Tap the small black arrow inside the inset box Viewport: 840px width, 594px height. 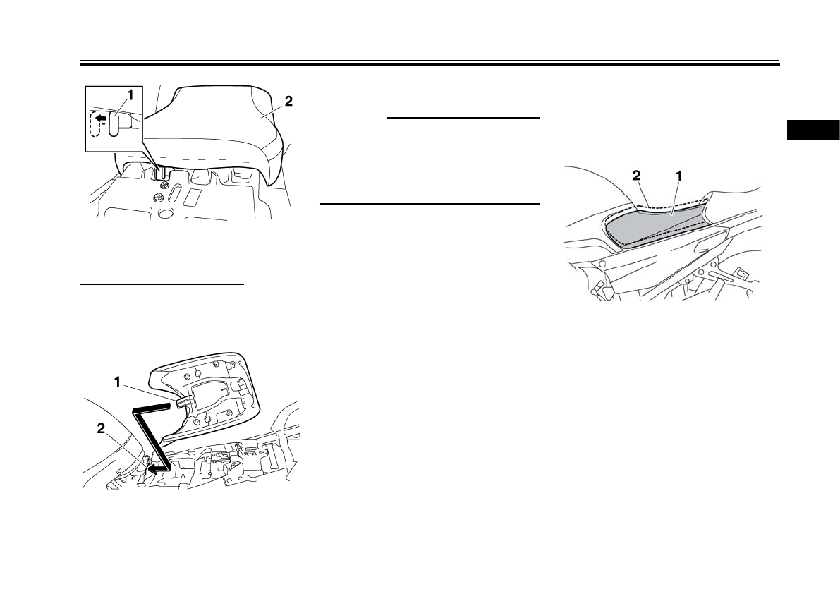click(x=102, y=117)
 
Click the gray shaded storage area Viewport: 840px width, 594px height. click(x=656, y=224)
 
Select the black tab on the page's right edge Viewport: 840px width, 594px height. click(x=812, y=130)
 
